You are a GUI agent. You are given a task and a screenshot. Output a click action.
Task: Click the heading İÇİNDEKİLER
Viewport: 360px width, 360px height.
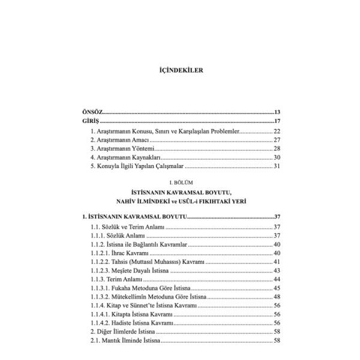click(179, 70)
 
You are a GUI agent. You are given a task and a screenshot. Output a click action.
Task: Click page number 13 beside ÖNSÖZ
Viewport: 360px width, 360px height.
click(277, 112)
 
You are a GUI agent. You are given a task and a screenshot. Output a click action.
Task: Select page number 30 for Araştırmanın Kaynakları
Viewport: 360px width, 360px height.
click(277, 157)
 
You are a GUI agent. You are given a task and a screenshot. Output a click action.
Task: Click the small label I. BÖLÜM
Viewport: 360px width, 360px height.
click(180, 181)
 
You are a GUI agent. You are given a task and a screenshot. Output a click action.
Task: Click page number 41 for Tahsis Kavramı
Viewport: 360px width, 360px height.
click(277, 262)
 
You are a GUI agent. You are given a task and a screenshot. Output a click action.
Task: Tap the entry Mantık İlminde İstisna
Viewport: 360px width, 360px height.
click(125, 341)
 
